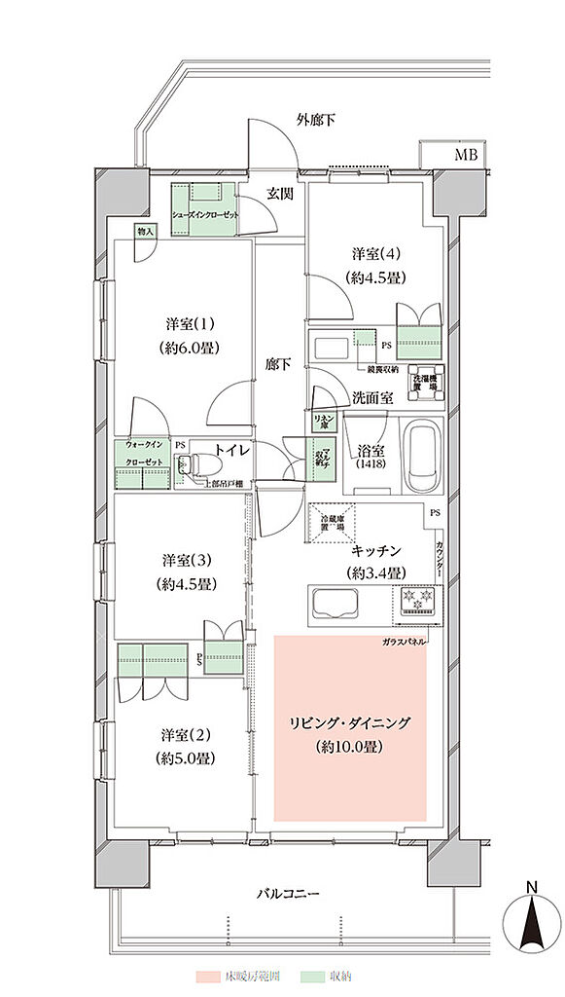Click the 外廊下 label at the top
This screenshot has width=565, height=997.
[x=317, y=121]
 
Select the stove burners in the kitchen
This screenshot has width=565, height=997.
[x=416, y=601]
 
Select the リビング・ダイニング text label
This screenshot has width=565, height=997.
[x=348, y=723]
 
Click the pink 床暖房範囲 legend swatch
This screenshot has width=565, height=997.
[x=208, y=975]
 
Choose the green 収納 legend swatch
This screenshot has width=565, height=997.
[x=312, y=975]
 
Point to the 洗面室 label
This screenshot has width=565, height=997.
[x=372, y=397]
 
